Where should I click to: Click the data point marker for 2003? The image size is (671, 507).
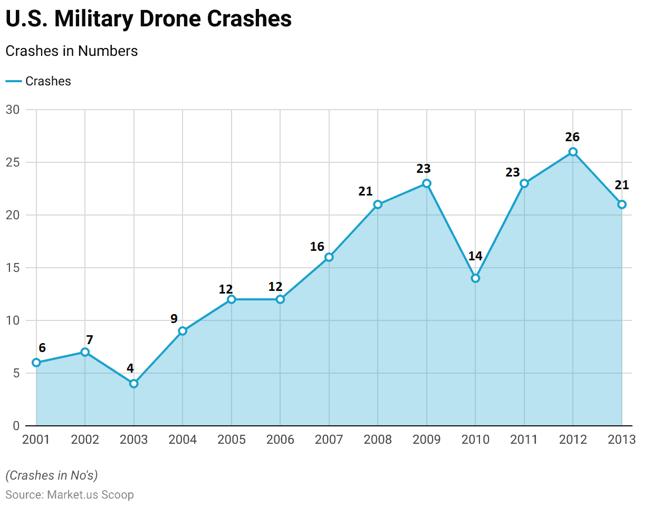(x=134, y=384)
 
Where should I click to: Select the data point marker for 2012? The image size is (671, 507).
(x=573, y=152)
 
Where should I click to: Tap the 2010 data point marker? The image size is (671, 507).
(x=475, y=278)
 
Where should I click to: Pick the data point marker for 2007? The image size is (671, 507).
(x=329, y=257)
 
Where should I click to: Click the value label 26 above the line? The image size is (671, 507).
(x=572, y=137)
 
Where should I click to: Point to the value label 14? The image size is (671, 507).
(x=475, y=256)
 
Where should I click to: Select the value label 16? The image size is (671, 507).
(x=317, y=247)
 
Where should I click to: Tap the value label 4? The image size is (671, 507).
(x=130, y=368)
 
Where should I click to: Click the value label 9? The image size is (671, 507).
(x=174, y=319)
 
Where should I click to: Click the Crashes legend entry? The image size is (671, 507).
(x=39, y=81)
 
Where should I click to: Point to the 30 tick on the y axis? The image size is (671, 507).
(x=13, y=110)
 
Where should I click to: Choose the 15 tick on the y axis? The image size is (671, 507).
(x=13, y=268)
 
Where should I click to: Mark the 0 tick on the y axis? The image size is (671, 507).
(x=16, y=426)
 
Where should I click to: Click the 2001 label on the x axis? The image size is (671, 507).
(x=36, y=440)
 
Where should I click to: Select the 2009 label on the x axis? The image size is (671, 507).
(x=427, y=440)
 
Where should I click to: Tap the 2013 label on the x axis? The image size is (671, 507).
(x=622, y=440)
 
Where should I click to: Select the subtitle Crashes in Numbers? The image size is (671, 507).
(x=72, y=51)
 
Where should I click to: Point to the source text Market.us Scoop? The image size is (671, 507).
(x=90, y=495)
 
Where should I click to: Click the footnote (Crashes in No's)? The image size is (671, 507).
(x=52, y=475)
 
